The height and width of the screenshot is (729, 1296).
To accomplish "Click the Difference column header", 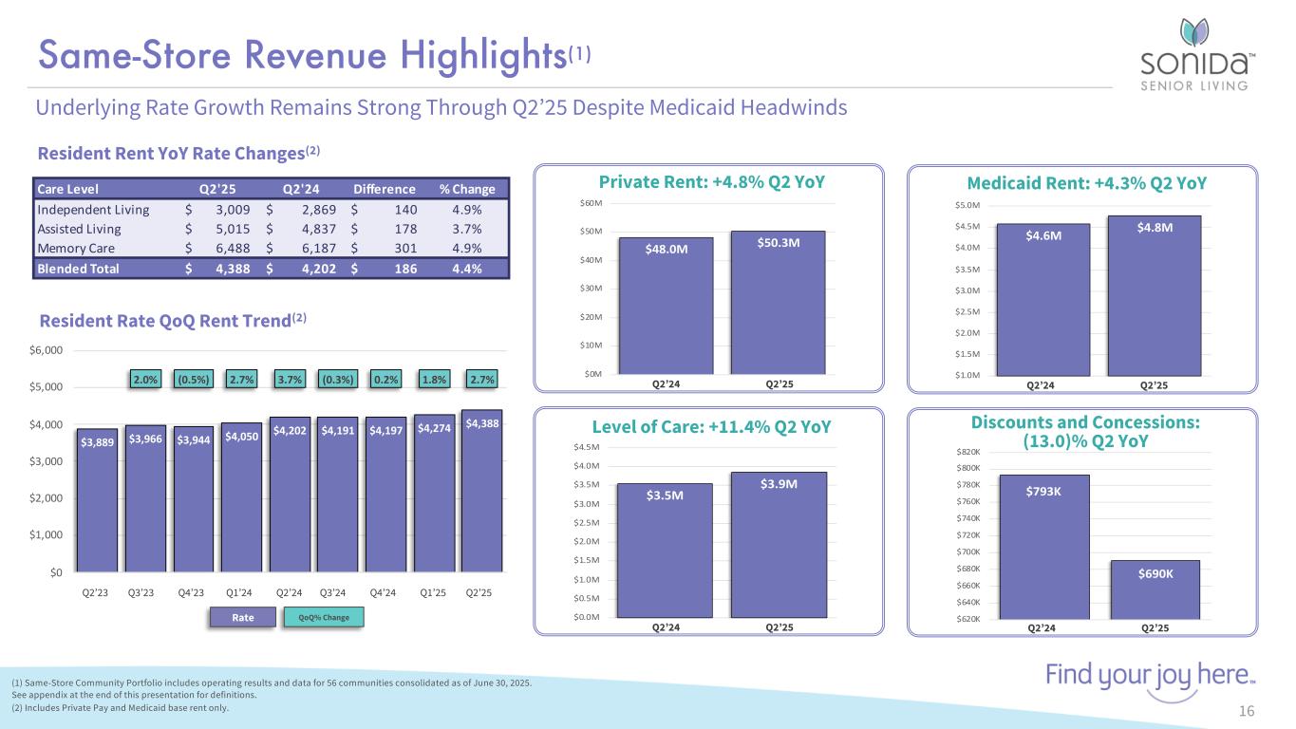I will pos(384,188).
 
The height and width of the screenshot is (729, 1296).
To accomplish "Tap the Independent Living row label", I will pos(93,209).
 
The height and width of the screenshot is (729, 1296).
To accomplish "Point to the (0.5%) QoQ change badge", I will pos(195,380).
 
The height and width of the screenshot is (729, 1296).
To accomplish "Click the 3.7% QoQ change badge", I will pos(290,380).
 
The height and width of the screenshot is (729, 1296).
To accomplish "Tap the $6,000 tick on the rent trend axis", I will pos(46,350).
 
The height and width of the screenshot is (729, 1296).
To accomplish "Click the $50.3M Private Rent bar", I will pos(779,303).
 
